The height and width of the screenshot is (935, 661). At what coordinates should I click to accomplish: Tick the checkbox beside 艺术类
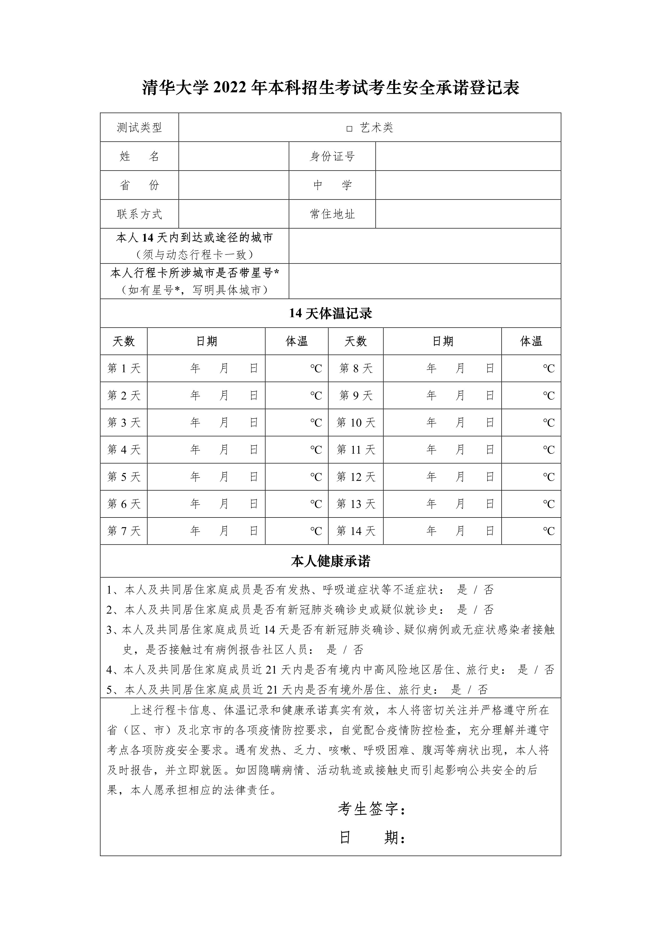click(x=349, y=129)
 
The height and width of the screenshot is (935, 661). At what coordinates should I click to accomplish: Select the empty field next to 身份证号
click(x=468, y=156)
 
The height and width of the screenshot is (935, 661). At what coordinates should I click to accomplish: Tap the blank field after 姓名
click(x=234, y=156)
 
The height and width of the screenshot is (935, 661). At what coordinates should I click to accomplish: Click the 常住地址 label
click(x=332, y=214)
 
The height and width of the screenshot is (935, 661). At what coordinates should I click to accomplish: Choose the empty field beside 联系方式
click(x=234, y=214)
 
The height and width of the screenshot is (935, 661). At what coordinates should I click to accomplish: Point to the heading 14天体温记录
click(x=330, y=313)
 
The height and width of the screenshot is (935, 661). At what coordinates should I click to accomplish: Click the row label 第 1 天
click(x=124, y=368)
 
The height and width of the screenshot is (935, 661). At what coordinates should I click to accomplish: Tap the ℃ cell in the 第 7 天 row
click(x=297, y=531)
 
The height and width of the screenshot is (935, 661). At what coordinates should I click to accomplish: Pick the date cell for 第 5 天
click(x=206, y=477)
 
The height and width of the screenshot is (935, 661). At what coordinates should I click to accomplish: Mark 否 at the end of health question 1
click(x=489, y=590)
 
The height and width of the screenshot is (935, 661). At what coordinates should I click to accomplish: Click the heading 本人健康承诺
click(x=330, y=561)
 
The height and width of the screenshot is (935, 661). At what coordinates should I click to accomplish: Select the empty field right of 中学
click(x=468, y=185)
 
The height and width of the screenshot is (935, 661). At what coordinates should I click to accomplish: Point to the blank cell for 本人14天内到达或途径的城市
click(x=425, y=246)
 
